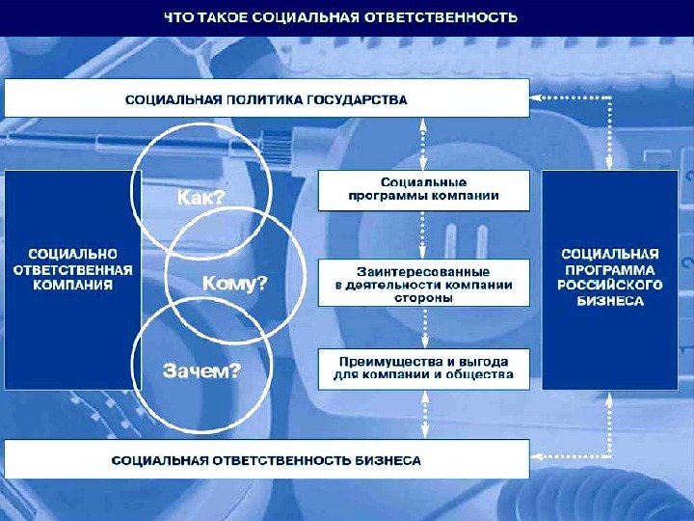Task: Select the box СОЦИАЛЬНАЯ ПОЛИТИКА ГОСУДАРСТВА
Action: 267,98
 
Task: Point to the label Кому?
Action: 234,284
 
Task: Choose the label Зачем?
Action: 201,370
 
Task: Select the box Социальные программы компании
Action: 423,189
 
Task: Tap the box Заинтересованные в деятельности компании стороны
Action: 423,285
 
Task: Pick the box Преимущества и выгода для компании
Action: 423,368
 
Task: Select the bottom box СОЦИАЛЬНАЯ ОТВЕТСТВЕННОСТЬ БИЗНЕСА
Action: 267,460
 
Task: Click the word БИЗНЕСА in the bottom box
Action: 388,461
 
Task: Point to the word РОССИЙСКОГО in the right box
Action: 610,286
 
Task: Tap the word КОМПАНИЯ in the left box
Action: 72,286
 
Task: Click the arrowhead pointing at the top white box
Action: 538,98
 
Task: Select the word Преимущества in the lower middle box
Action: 387,361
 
